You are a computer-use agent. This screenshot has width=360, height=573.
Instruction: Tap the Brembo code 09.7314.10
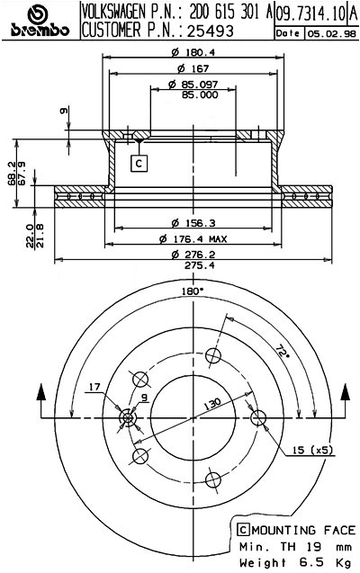(308, 13)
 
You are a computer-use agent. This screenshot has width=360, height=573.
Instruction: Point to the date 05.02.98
(329, 33)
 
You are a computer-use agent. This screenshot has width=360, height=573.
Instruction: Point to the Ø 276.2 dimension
(193, 255)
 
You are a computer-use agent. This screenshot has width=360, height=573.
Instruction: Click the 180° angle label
(191, 291)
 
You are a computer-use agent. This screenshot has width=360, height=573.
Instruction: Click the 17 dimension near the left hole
(95, 389)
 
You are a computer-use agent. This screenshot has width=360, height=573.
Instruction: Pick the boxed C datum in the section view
(139, 164)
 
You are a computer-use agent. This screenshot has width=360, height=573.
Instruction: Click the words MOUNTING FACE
(288, 529)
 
